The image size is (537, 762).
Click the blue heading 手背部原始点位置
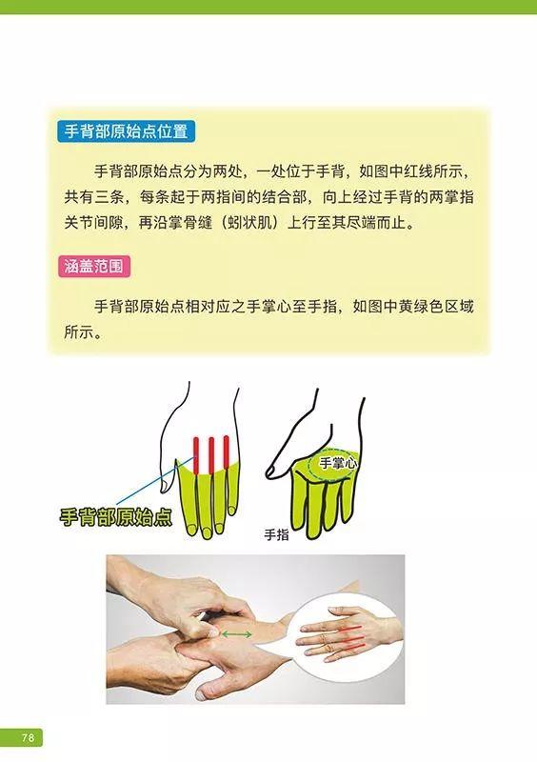[x=126, y=131]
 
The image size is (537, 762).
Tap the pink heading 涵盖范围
[x=94, y=267]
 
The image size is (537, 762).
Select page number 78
[x=28, y=736]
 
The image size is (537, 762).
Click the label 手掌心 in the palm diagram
[x=337, y=463]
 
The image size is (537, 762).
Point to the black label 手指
[x=276, y=535]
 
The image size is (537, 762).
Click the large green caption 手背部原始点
[x=115, y=516]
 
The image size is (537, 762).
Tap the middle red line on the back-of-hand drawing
[x=211, y=455]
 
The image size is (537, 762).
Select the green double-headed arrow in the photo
[x=237, y=634]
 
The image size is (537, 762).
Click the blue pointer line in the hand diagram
[x=155, y=480]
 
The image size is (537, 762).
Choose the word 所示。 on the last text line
[x=83, y=332]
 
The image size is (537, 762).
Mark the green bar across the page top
[x=268, y=7]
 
